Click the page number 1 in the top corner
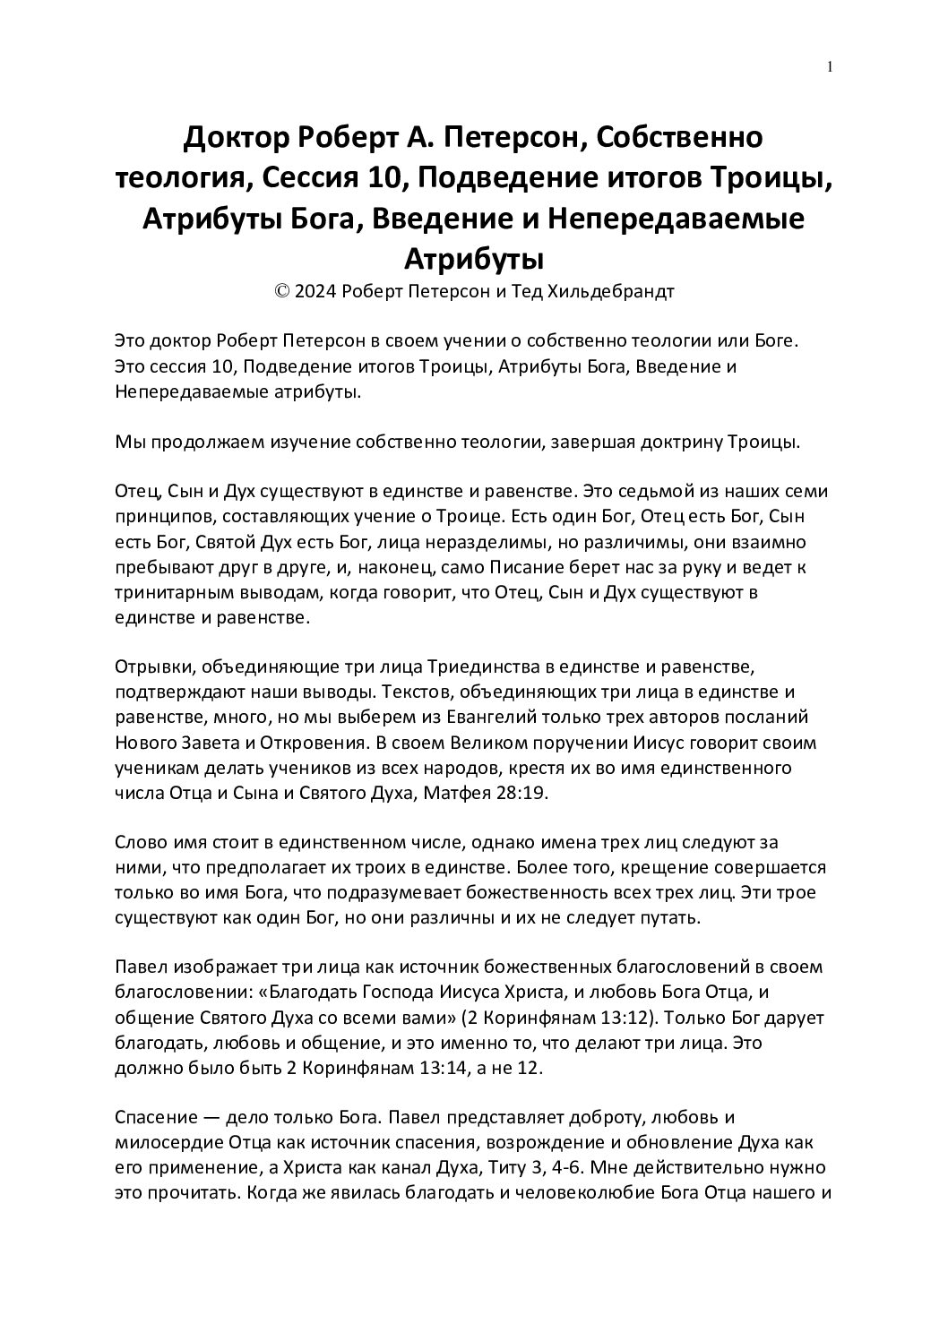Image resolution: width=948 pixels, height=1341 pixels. (x=831, y=66)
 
